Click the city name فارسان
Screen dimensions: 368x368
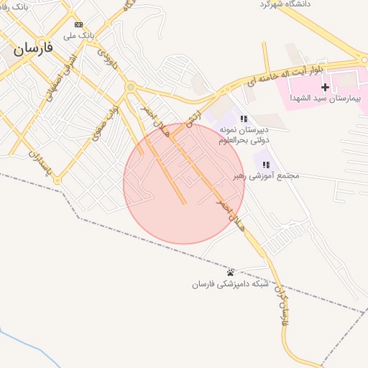click(x=32, y=48)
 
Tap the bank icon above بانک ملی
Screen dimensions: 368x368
click(x=78, y=24)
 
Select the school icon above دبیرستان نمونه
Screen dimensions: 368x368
click(x=244, y=119)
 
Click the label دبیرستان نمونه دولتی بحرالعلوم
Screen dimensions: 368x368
click(x=244, y=134)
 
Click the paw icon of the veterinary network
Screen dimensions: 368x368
click(x=230, y=272)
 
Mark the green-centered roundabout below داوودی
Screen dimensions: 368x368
click(x=130, y=88)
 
